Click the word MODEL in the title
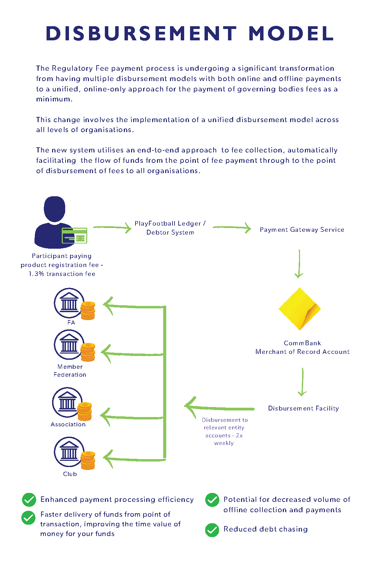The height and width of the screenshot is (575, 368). click(x=291, y=33)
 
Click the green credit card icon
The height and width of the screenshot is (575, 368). click(x=74, y=236)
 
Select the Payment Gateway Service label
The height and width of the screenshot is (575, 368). click(x=302, y=230)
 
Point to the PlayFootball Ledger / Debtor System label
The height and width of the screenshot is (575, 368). click(x=170, y=228)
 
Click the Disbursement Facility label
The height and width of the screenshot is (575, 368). click(x=304, y=408)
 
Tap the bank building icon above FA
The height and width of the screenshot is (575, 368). click(x=69, y=303)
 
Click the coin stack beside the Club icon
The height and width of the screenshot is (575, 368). click(x=88, y=460)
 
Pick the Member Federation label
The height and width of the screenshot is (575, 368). click(x=70, y=371)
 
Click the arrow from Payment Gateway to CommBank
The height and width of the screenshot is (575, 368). click(x=299, y=264)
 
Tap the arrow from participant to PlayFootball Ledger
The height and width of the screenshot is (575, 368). click(x=112, y=228)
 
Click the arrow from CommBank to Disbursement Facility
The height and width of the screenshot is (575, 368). click(x=302, y=382)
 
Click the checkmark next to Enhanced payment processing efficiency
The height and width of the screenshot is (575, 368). click(x=29, y=500)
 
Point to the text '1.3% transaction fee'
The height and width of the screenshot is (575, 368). click(x=62, y=274)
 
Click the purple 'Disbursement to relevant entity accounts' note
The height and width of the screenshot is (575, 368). click(x=225, y=432)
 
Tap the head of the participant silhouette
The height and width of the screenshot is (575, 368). click(x=54, y=209)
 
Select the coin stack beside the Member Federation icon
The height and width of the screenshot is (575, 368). click(x=88, y=352)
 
